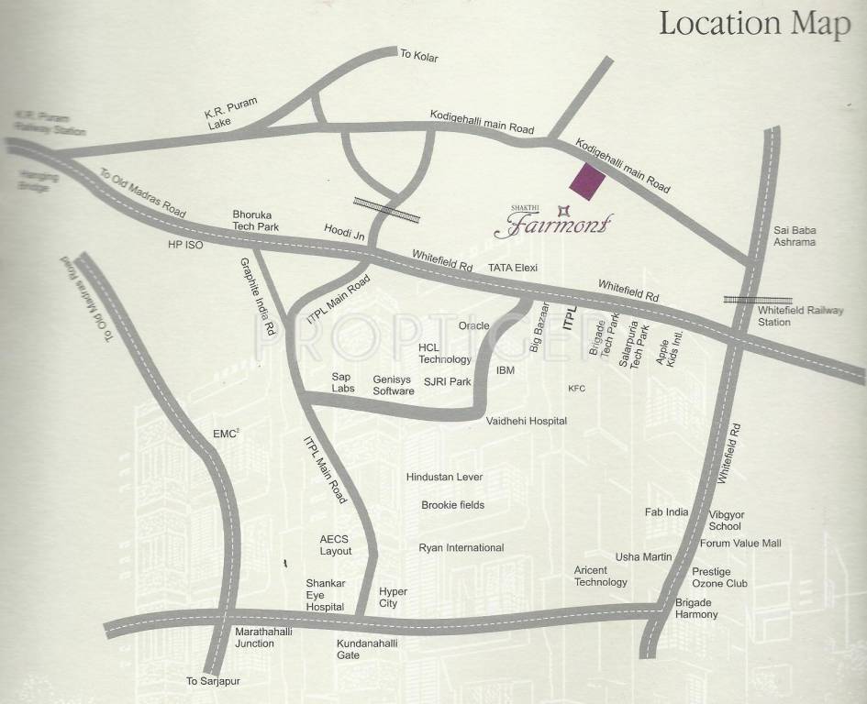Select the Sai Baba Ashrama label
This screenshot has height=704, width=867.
[x=795, y=236]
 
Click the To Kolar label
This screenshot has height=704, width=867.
[x=419, y=57]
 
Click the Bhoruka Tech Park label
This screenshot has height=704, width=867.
[x=255, y=220]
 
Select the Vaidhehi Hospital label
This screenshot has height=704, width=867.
[x=527, y=421]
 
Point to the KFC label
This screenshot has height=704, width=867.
[x=576, y=389]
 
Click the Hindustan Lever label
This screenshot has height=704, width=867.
[x=444, y=477]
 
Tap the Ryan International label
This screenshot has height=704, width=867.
[x=461, y=548]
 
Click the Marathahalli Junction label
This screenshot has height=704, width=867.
[x=254, y=637]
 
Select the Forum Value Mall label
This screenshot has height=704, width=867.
[x=740, y=544]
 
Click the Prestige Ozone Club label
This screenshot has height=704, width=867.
[x=719, y=577]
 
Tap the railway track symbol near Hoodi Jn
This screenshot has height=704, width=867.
[x=386, y=211]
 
